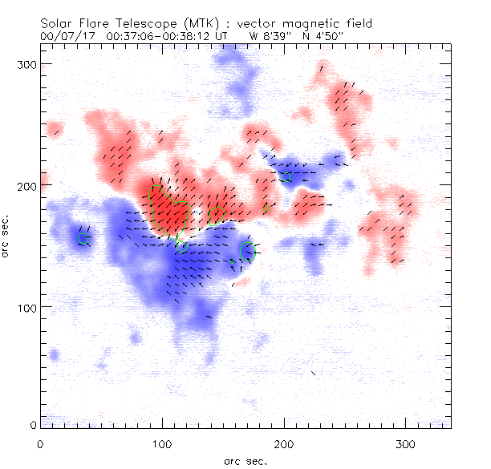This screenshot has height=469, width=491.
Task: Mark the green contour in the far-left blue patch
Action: pos(82,238)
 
